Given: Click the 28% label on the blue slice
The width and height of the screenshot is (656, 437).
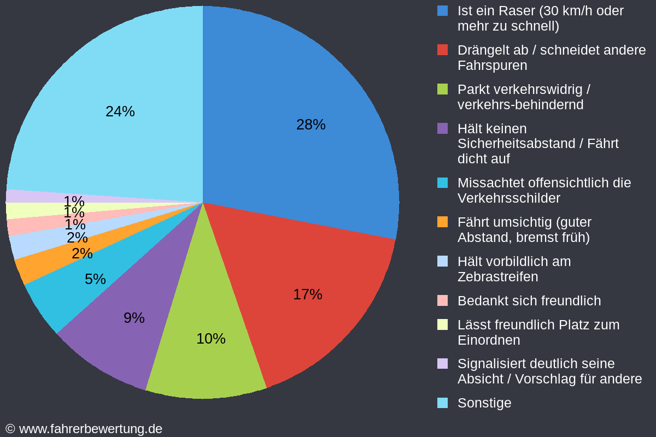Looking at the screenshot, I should point(311,125).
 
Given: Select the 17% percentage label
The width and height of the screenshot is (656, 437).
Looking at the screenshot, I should point(307,294).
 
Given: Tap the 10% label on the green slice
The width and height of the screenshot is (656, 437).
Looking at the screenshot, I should point(210,339).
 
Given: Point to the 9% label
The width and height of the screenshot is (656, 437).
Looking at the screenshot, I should point(134,318).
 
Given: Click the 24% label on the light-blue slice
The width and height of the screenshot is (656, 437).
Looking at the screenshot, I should point(120,111).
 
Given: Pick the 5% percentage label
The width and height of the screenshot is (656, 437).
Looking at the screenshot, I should point(95,279).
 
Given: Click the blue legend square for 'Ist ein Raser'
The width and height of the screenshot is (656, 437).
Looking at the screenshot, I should point(443,10).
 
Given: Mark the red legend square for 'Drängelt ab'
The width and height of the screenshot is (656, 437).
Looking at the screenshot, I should point(443,50).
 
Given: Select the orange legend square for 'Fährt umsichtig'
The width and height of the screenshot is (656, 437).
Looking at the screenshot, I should point(443,222).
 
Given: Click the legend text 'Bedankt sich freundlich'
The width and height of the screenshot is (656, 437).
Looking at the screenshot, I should point(529,301).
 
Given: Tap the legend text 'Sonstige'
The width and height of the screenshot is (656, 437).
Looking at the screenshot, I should point(484,403).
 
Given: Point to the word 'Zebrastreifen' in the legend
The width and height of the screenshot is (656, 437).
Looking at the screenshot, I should point(497,277).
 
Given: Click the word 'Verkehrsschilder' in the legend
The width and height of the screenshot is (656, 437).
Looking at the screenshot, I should point(508,198).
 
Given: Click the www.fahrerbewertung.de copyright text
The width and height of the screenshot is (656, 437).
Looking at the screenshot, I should point(84,429).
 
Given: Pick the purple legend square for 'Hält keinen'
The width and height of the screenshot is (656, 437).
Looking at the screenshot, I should point(443,128).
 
